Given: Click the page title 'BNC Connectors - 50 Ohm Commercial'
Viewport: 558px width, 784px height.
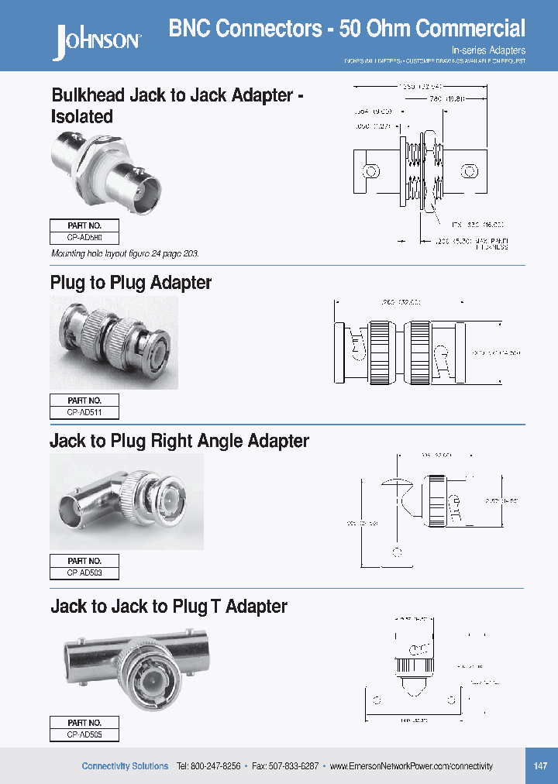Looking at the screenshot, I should pos(346,29).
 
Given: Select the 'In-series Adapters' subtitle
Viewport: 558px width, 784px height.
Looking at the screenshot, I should pos(488,50).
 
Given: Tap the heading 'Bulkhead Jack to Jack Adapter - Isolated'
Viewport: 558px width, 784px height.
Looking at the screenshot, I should pos(177,106).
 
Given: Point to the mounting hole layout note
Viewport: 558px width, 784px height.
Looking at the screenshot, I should pos(129,254).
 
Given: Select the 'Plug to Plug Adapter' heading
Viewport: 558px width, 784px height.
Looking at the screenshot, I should pos(131,283).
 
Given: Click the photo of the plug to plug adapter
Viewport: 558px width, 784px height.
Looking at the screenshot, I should pos(114,342).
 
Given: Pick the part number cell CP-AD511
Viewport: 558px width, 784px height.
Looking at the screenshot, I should pos(84,413).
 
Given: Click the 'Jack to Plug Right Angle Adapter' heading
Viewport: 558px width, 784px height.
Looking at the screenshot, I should pos(179,442).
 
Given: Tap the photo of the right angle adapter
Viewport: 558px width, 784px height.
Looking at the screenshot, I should pos(126,501).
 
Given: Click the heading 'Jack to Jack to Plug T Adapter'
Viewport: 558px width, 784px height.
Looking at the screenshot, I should pos(168,607).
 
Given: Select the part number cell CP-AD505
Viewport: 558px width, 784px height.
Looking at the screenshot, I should pos(84,734).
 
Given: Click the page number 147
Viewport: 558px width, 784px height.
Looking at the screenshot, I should pos(540,766).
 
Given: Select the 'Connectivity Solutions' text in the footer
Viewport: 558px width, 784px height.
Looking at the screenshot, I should pos(125,766).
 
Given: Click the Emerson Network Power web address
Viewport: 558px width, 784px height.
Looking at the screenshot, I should pos(411,766).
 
